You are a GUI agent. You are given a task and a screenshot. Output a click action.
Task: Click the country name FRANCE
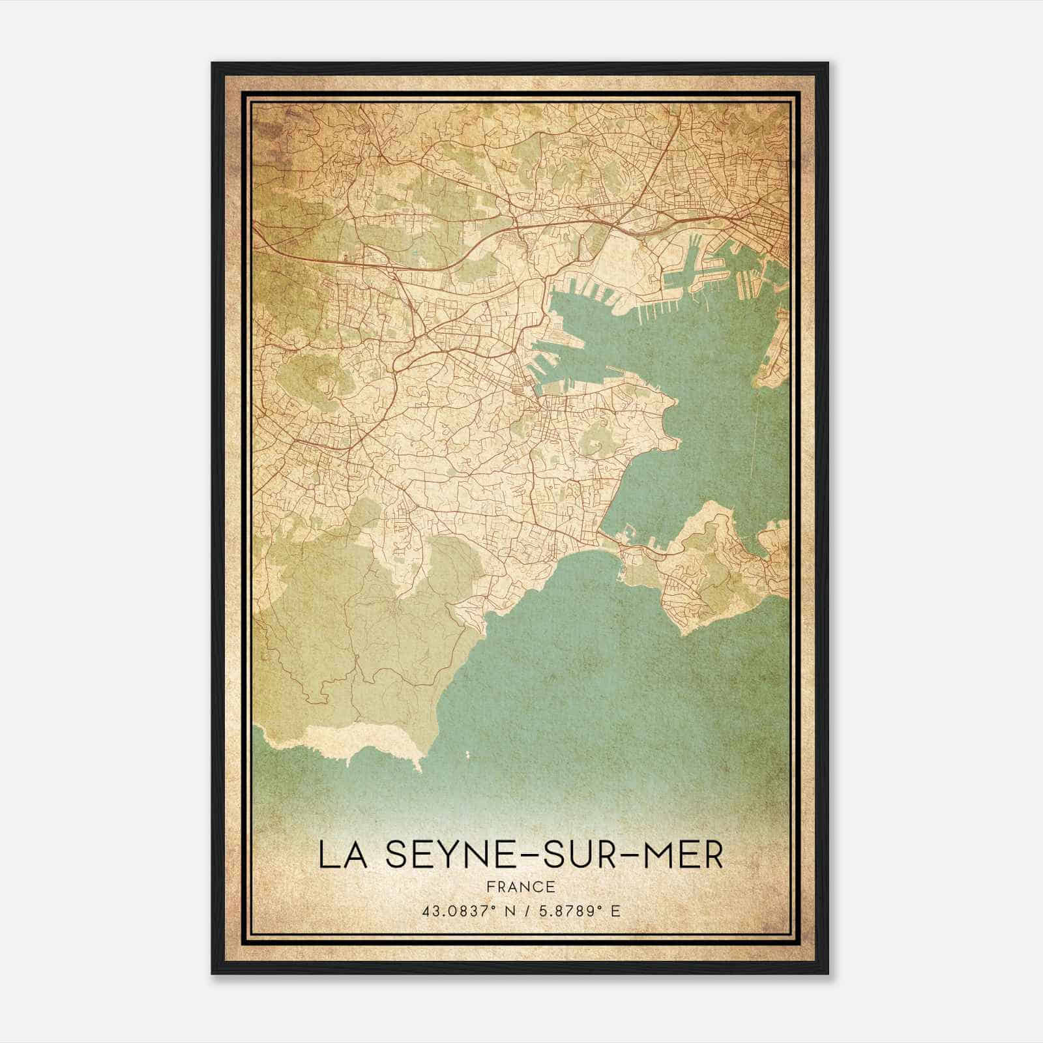pos(521,887)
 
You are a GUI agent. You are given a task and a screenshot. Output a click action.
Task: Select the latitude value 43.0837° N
pos(460,911)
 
